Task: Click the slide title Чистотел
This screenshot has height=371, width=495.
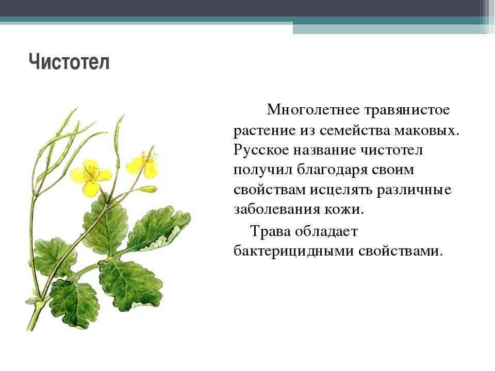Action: [x=69, y=62]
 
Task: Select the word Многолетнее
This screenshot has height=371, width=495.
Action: [x=313, y=110]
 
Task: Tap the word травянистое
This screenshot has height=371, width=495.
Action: [x=407, y=110]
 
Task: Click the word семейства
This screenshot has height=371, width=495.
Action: [x=355, y=130]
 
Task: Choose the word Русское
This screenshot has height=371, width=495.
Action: [x=261, y=150]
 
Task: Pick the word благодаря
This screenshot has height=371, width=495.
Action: [x=332, y=171]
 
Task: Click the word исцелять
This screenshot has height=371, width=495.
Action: [x=341, y=190]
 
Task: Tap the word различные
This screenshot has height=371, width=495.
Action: [x=414, y=191]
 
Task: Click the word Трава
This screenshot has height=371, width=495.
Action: [x=270, y=231]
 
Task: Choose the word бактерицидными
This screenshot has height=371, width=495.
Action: [x=294, y=251]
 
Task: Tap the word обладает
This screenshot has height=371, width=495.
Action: [x=326, y=231]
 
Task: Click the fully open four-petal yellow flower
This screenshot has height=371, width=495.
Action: [x=91, y=177]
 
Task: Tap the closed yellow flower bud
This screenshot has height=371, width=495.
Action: [x=148, y=189]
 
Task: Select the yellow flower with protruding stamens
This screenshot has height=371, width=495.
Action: [x=143, y=163]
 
